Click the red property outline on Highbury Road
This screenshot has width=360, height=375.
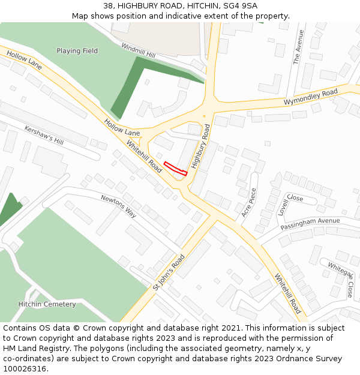coord(176,169)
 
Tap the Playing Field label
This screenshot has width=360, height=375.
coord(77,51)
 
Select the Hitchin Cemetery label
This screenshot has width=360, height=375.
coord(47,304)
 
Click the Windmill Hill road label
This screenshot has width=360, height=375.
coord(138,50)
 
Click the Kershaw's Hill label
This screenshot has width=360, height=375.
coord(44,135)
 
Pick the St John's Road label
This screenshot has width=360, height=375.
coord(169,272)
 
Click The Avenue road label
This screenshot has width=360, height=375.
coord(298,47)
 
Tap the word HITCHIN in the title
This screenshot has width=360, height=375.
coord(197,5)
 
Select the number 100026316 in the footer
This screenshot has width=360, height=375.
coord(25,368)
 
